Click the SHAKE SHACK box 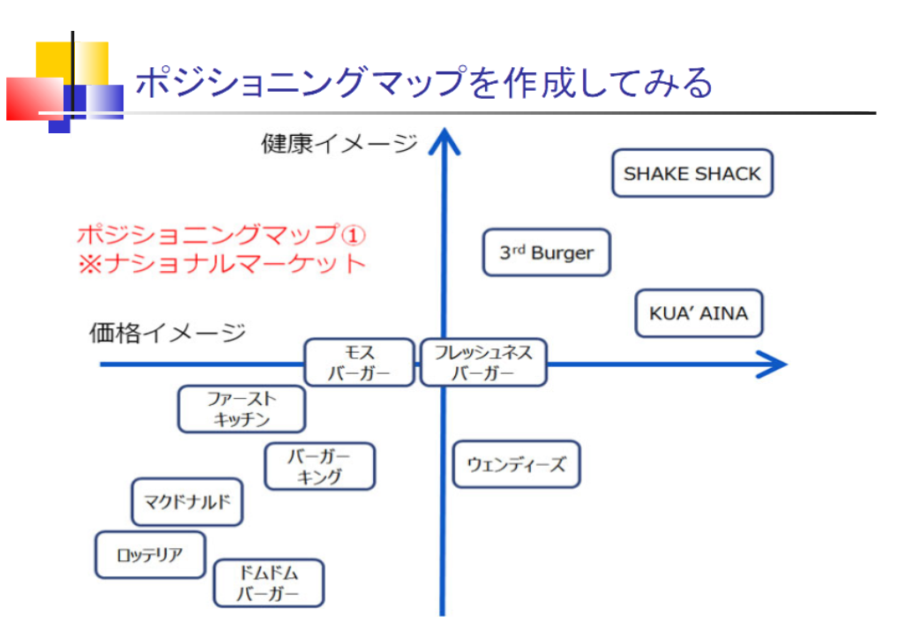click(692, 174)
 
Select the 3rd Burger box click(547, 253)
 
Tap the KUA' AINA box click(699, 314)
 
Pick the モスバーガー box click(359, 363)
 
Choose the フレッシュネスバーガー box click(483, 363)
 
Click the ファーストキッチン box click(242, 409)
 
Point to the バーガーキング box click(319, 467)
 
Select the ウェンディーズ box click(516, 464)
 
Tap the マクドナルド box click(187, 502)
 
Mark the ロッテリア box click(150, 555)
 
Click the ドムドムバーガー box click(268, 583)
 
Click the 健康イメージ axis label click(339, 143)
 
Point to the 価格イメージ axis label click(168, 333)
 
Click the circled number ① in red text click(353, 236)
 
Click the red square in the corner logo click(31, 99)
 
